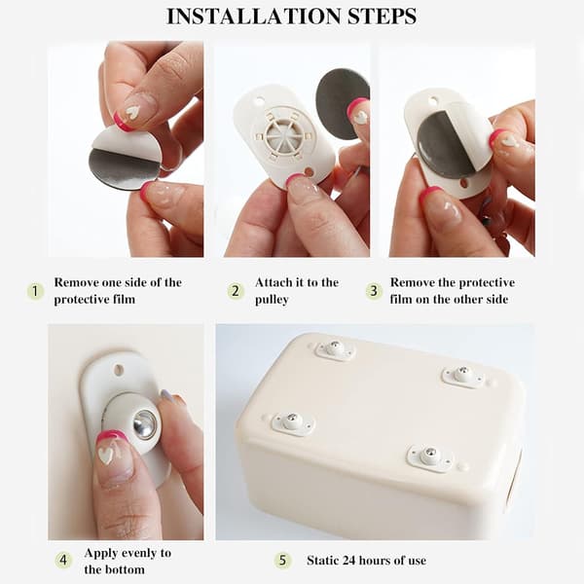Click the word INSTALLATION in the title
[253, 17]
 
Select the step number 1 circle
[35, 291]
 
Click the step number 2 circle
[236, 291]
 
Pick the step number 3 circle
[374, 291]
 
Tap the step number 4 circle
[63, 560]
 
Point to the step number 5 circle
[282, 561]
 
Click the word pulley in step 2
[272, 300]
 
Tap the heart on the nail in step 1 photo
[131, 111]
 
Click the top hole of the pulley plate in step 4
[119, 370]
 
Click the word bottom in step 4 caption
[126, 569]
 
